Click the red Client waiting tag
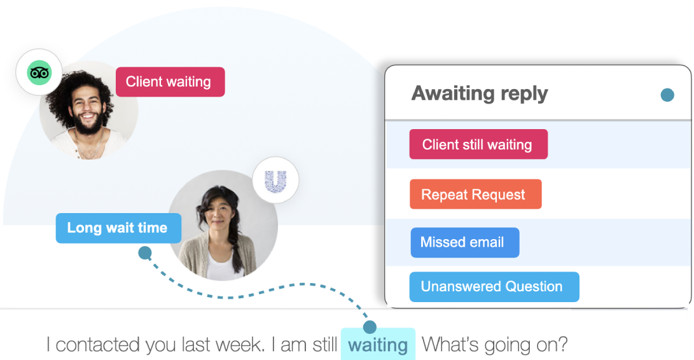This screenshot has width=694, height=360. tap(170, 82)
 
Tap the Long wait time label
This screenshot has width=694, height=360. tap(118, 228)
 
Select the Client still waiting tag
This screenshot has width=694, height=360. tap(478, 144)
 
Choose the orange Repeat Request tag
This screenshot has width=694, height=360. tap(475, 195)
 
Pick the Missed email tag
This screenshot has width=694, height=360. tap(464, 242)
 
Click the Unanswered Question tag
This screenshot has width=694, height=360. tap(493, 287)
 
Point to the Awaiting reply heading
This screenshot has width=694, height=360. tap(480, 93)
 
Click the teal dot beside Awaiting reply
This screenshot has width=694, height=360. tap(667, 95)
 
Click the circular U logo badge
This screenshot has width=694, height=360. tap(275, 181)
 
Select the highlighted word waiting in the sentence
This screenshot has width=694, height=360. tap(378, 345)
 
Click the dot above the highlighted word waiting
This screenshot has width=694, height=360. tap(370, 328)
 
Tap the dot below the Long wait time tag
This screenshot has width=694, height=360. tap(145, 253)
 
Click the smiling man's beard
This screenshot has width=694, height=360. tap(89, 123)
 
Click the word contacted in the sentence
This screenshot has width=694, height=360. tap(98, 345)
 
